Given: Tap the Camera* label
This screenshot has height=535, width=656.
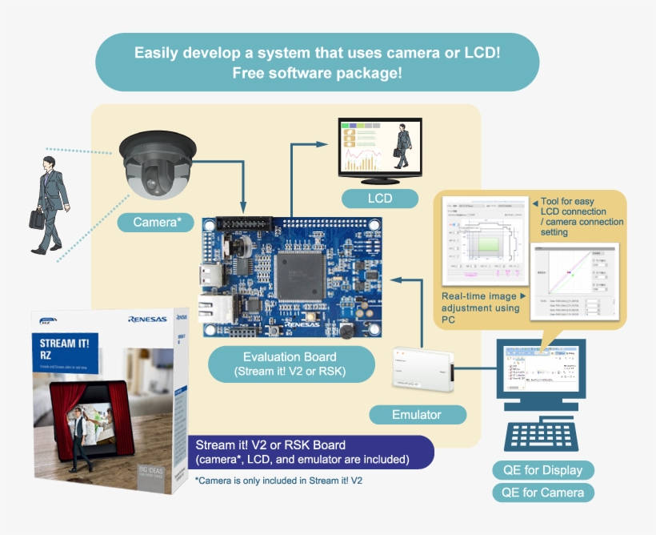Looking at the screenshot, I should point(156,222).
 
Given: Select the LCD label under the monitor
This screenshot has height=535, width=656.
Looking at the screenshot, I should point(380,198).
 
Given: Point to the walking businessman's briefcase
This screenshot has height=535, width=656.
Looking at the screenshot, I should point(37,219).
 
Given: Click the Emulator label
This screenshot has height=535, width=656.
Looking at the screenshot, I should point(418,415).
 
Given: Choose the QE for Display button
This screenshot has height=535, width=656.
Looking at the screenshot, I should point(543,470).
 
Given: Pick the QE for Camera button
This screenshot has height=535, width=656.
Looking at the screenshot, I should point(543,493).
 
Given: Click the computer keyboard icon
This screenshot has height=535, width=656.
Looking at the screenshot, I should point(542,437).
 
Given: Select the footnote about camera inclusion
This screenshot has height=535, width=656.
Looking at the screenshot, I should point(278,481).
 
